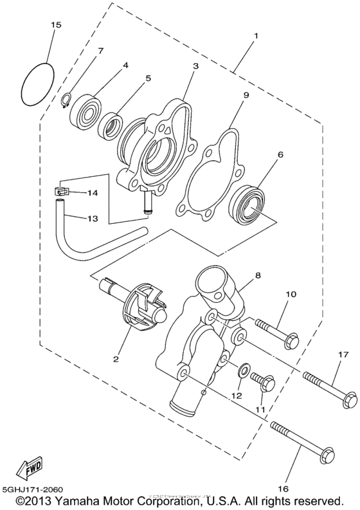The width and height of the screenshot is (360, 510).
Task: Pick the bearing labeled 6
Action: click(248, 205)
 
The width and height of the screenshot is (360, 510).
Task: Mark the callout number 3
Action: click(195, 66)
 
